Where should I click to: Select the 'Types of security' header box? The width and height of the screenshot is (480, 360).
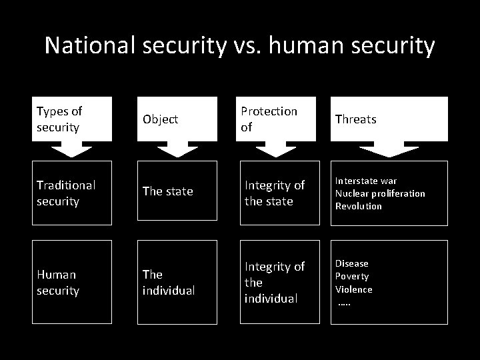coord(72,119)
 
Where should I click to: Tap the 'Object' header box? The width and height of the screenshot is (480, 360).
coord(177,119)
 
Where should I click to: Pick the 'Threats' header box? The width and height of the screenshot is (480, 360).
coord(389,119)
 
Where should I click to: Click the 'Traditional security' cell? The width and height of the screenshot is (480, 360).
coord(72,192)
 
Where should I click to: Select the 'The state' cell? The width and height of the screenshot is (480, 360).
coord(177,191)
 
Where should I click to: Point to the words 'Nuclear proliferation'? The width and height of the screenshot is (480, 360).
coord(380,193)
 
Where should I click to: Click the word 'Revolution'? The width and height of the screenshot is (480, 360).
coord(359,206)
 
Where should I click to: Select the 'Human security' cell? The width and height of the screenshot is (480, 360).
coord(72,282)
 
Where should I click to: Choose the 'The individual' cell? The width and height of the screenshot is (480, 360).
coord(177,282)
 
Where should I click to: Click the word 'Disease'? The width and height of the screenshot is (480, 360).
coord(351,263)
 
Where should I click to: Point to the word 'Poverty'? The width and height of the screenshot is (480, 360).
coord(352,276)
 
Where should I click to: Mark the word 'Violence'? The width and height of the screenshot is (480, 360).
coord(354,289)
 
